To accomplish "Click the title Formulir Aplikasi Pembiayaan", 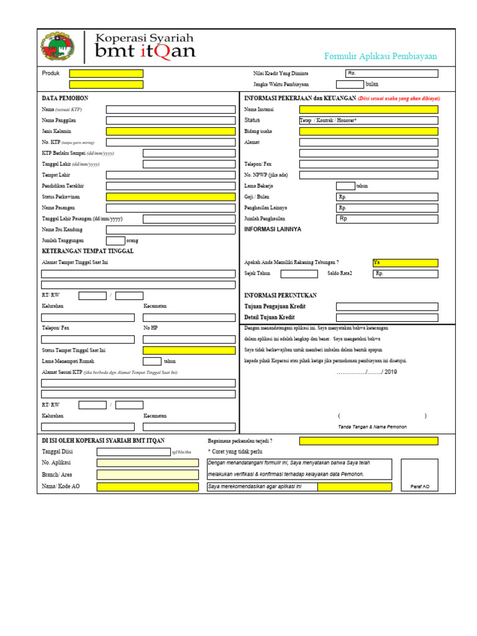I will (x=380, y=57).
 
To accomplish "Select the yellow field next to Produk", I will (x=106, y=73).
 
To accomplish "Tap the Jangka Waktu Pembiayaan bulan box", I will (x=350, y=84).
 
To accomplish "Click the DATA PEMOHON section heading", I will (x=65, y=98).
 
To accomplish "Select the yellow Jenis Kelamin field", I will (x=171, y=131).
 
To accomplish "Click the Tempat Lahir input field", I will (x=171, y=175).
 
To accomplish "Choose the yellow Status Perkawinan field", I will (x=171, y=197).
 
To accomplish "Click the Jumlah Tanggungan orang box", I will (x=116, y=240).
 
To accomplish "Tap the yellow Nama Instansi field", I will (x=368, y=109).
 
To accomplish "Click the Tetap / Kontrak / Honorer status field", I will (x=368, y=120).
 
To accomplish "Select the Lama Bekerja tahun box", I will (x=345, y=186).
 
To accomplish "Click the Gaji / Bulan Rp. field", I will (x=387, y=197).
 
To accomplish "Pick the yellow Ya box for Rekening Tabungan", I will (x=405, y=263).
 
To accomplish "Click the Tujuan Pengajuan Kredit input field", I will (x=387, y=306).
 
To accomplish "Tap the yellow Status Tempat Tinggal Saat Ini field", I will (x=189, y=350).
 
